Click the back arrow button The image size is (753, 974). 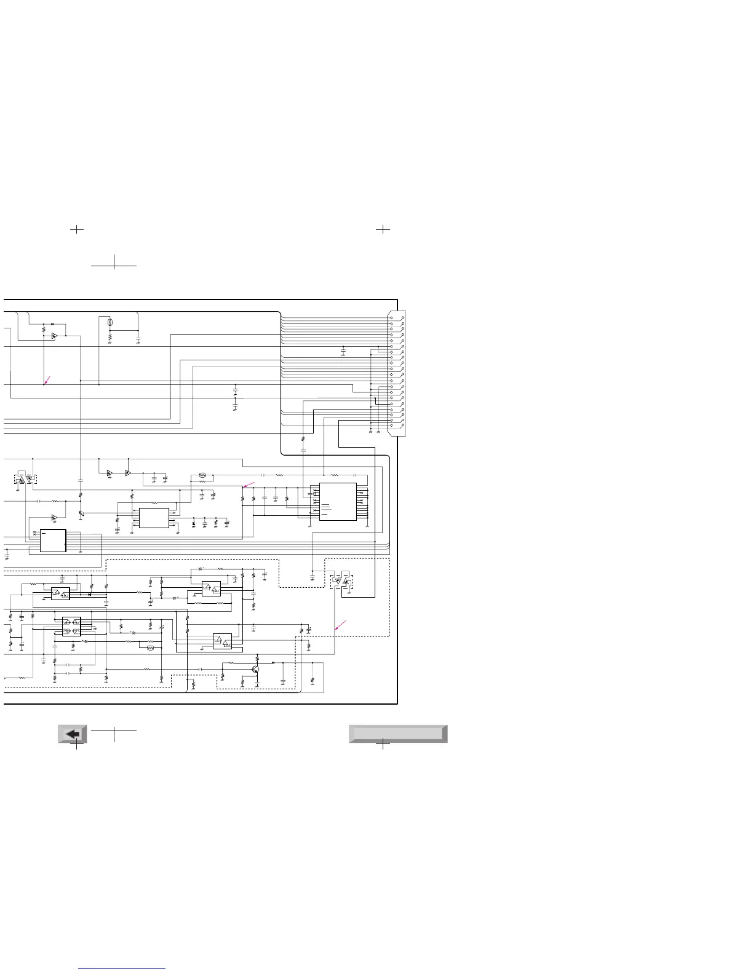[x=73, y=734]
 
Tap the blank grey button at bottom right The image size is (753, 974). [x=397, y=734]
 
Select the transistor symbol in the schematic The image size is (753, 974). [x=255, y=669]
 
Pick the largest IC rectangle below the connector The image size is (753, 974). [x=337, y=501]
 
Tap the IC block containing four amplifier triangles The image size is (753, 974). [x=71, y=627]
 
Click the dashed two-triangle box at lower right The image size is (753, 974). [x=341, y=581]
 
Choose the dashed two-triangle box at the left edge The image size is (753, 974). [x=25, y=478]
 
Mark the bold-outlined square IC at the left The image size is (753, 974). [x=53, y=540]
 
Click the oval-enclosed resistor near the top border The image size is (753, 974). [x=110, y=322]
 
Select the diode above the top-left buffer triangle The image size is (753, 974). [x=52, y=323]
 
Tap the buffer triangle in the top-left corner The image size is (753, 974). [x=54, y=336]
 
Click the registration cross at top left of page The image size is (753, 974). [x=76, y=229]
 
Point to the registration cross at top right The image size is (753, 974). [x=383, y=229]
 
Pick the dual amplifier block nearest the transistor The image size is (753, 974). [x=222, y=641]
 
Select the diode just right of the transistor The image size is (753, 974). [x=273, y=663]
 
